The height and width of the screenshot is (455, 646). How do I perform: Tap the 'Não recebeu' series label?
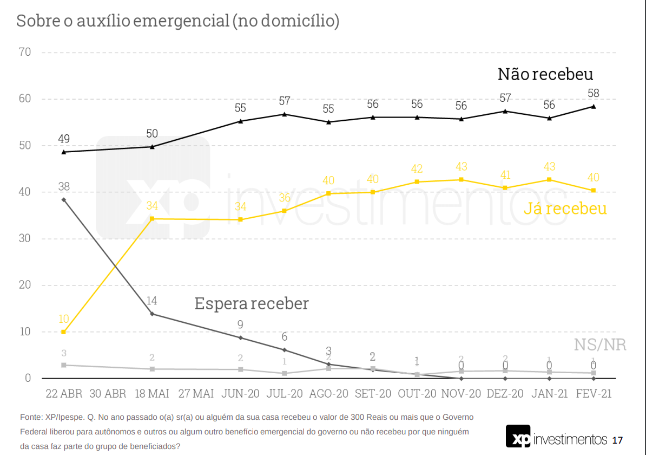[545, 74]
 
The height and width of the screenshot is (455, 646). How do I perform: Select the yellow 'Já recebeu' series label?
[565, 209]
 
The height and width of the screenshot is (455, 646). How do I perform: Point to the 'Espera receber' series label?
[252, 303]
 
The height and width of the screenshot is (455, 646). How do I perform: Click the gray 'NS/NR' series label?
[600, 345]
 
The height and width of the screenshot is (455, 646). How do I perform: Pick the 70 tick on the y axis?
[24, 53]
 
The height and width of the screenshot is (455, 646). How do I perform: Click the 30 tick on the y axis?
[24, 239]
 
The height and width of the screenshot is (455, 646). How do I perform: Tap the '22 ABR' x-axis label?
[64, 394]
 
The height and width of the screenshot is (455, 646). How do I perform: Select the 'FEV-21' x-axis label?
[593, 394]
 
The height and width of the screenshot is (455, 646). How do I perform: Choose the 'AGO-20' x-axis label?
[328, 394]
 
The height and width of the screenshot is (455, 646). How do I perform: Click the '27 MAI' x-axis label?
[196, 394]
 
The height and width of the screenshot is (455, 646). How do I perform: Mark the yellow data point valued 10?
[64, 331]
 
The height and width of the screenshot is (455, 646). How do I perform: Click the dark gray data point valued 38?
[64, 200]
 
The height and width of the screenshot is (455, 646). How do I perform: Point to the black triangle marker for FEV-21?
[594, 106]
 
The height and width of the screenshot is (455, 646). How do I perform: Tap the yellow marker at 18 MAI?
[152, 218]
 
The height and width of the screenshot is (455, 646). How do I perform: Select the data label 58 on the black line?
[593, 93]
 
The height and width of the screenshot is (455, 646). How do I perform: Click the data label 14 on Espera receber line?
[152, 301]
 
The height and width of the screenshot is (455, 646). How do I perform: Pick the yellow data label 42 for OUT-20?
[417, 169]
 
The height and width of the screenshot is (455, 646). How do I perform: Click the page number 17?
[618, 440]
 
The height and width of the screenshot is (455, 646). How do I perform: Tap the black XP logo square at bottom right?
[518, 437]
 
